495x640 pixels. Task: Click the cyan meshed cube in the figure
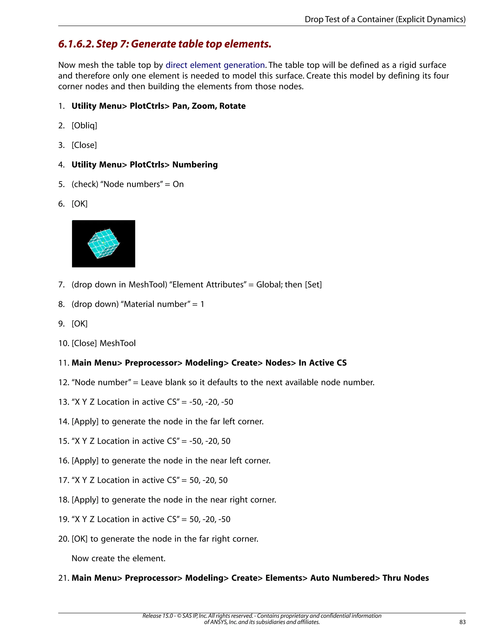pos(103,243)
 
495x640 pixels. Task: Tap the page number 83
pos(462,622)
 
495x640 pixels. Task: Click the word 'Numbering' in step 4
pos(195,165)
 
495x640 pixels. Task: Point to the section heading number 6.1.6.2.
pos(76,44)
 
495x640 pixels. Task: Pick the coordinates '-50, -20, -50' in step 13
pos(211,402)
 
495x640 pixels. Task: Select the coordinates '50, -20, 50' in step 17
pos(209,480)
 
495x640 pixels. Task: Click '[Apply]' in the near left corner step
pos(85,461)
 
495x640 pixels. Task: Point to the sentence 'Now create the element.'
pos(118,558)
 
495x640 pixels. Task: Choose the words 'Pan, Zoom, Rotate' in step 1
pos(209,106)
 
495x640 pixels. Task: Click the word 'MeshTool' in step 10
pos(118,343)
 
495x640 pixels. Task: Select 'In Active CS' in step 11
pos(323,363)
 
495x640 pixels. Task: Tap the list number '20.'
pos(64,539)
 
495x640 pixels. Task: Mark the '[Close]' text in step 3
pos(84,145)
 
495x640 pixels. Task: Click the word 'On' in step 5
pos(178,184)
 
